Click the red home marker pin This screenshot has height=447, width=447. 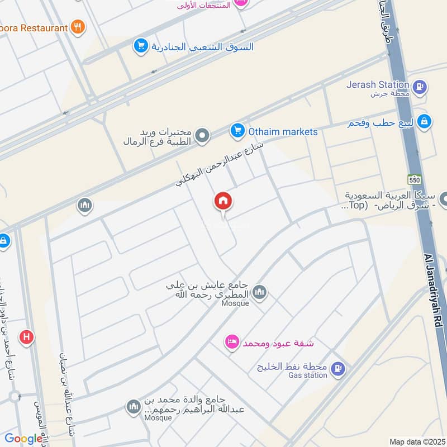click(223, 202)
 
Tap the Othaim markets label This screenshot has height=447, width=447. click(283, 132)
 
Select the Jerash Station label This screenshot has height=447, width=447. click(378, 84)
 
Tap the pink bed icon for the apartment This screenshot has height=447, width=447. click(232, 342)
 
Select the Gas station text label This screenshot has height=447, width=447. click(307, 375)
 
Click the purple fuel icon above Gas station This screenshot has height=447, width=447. click(338, 368)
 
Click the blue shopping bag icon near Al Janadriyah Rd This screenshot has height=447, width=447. click(425, 121)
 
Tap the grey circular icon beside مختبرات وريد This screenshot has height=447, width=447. click(202, 135)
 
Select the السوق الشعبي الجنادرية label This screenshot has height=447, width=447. click(202, 46)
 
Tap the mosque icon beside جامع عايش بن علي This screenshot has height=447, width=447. click(259, 292)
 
